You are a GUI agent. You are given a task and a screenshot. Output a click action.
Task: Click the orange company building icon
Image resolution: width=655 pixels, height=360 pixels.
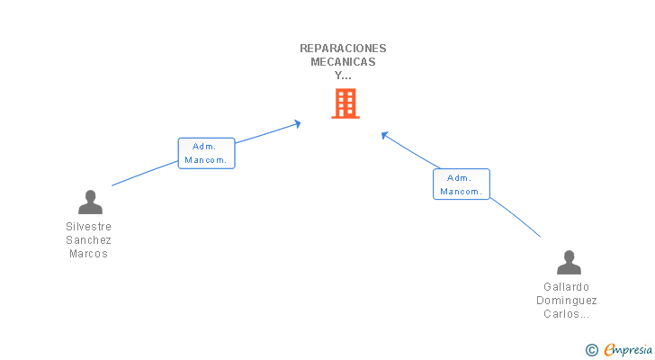tap(345, 103)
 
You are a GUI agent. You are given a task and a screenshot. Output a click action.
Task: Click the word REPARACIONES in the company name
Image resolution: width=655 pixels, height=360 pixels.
tap(343, 49)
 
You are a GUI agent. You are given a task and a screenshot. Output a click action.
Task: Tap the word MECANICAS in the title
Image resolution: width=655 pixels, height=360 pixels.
tap(343, 62)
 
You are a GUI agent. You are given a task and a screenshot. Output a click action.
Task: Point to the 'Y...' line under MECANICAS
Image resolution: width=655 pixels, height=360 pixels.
tap(343, 76)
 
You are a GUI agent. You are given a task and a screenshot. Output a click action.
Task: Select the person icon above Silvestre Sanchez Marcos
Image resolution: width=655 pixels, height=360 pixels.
tap(89, 202)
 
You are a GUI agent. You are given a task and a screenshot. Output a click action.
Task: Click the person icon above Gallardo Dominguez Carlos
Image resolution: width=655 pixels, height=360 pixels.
tap(569, 263)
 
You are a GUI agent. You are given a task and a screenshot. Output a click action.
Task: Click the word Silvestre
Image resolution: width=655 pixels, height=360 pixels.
tap(89, 227)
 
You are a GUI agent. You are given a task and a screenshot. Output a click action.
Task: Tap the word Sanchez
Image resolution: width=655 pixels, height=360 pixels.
tap(89, 240)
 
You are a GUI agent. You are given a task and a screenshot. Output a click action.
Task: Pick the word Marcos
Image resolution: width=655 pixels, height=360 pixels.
tap(89, 254)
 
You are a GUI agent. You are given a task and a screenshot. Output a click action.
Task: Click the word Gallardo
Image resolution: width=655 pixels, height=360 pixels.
tap(567, 287)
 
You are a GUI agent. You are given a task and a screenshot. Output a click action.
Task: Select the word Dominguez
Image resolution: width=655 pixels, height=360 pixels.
tap(567, 301)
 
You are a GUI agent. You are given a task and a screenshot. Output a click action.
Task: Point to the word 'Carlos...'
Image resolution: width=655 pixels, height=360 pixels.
tap(567, 314)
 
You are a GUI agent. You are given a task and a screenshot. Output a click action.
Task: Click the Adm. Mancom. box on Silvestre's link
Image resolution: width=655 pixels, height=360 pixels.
tap(206, 153)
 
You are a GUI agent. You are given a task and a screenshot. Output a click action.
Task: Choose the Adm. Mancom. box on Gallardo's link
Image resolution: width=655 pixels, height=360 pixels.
tap(462, 184)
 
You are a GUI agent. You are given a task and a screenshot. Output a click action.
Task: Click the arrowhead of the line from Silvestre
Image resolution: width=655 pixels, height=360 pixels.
tap(297, 124)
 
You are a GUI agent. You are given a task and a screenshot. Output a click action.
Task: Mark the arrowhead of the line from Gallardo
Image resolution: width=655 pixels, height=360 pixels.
tap(384, 136)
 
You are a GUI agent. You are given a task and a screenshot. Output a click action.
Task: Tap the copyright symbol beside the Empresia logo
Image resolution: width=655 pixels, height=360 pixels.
tap(591, 350)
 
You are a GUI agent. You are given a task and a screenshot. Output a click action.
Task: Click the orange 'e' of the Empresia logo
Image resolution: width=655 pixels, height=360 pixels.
tap(609, 350)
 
